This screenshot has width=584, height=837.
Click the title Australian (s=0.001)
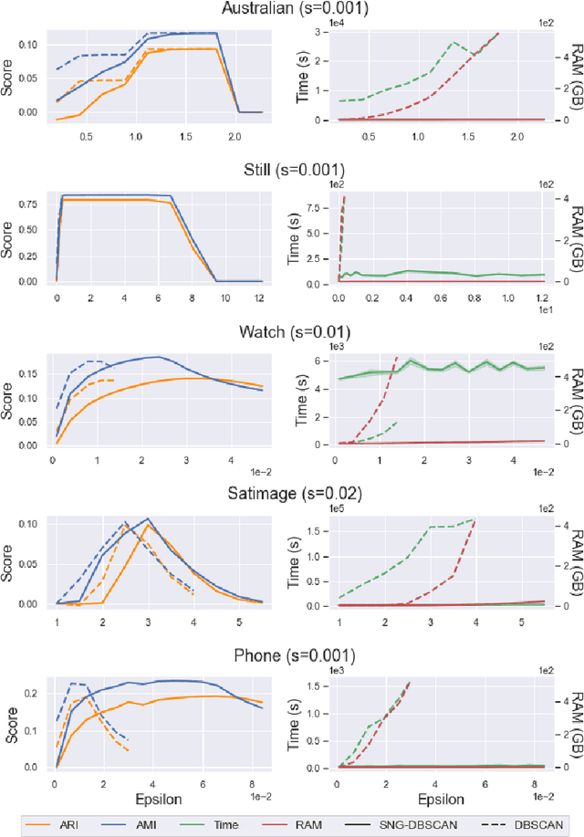coord(292,10)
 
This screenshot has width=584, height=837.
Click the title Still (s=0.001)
coord(292,170)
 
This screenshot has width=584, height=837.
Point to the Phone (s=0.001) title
coord(292,655)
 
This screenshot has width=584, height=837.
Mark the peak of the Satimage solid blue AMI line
coord(148,518)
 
